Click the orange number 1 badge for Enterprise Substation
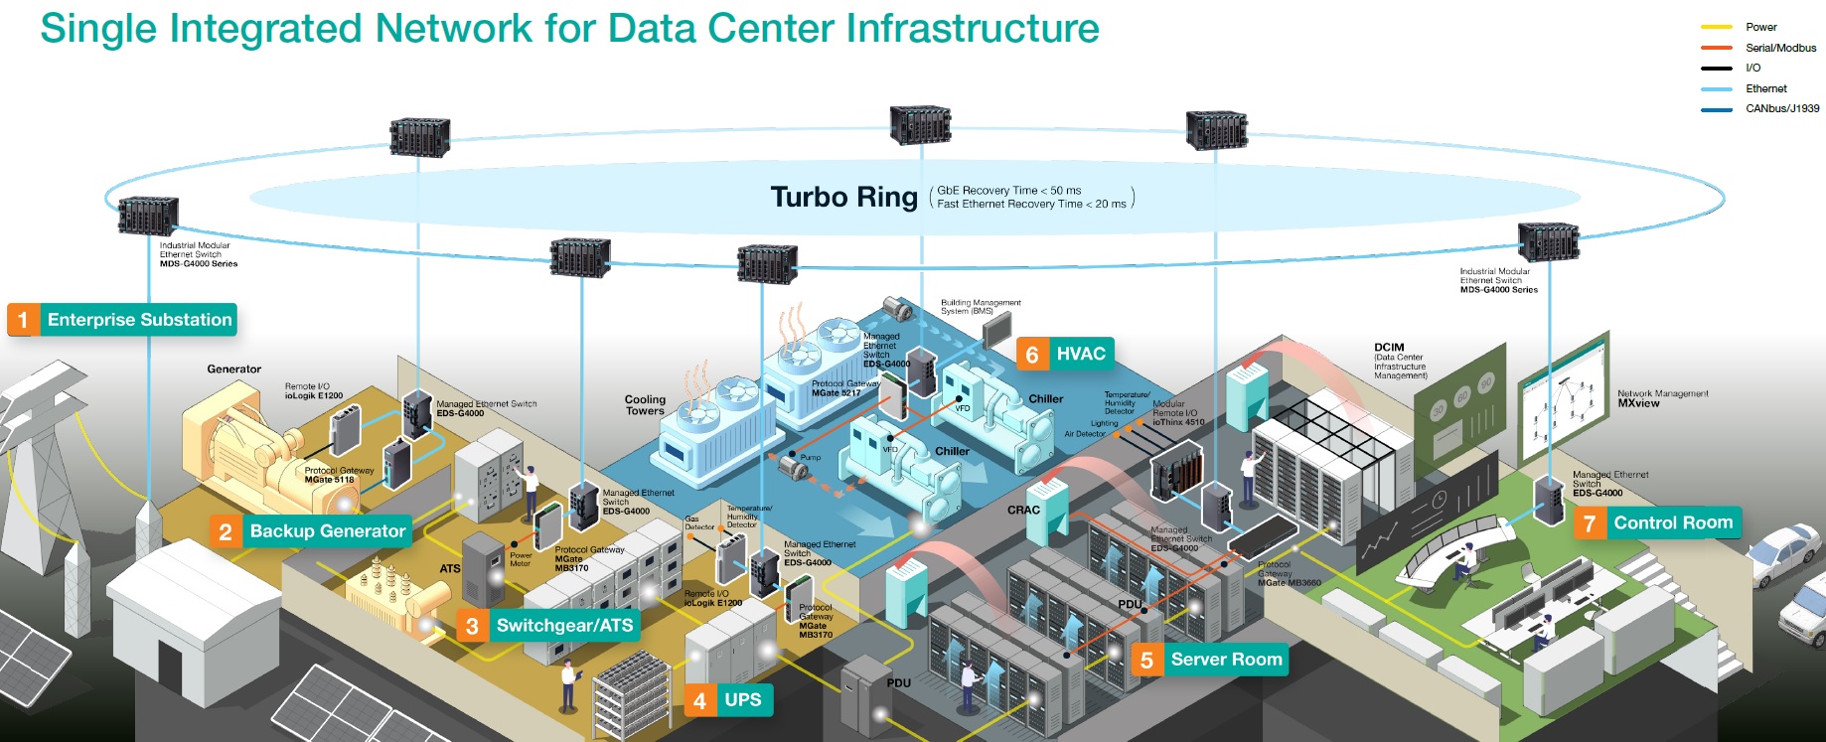coord(23,320)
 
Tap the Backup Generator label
coord(327,531)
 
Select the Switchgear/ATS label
coord(563,626)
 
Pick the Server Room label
coord(1225,660)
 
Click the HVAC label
coord(1080,355)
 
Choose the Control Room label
coord(1672,523)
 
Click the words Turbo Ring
coord(843,197)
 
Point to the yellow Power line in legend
coord(1716,27)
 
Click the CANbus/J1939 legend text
coord(1782,108)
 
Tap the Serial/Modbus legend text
coord(1780,48)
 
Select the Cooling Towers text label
coord(645,405)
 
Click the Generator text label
coord(233,370)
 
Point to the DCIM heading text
coord(1389,348)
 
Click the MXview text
coord(1638,403)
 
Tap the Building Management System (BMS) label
coord(980,307)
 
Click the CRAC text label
coord(1023,511)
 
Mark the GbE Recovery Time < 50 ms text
coord(1008,190)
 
